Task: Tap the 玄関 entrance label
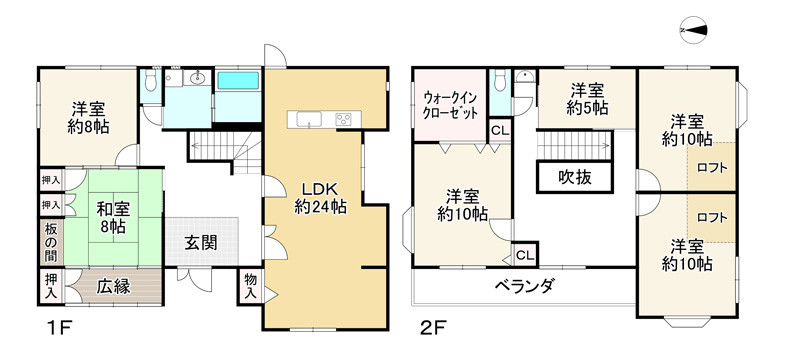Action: (202, 243)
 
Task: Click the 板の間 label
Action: (50, 240)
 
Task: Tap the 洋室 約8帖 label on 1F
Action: (88, 118)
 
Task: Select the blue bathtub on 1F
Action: (238, 81)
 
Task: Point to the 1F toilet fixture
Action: (150, 83)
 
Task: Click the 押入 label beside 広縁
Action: (51, 288)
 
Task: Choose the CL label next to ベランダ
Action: (525, 255)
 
